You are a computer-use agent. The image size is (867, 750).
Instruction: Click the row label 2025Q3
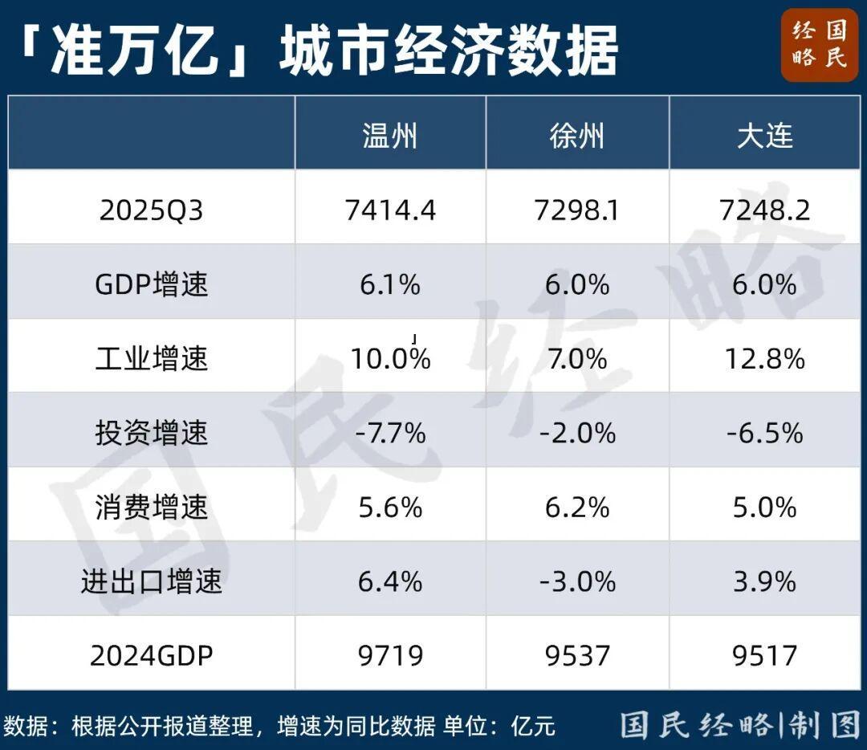click(x=151, y=210)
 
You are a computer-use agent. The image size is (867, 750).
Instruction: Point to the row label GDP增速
click(x=151, y=285)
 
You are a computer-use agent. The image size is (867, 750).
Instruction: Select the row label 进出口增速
click(x=151, y=581)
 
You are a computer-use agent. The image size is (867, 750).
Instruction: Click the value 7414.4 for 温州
click(x=390, y=210)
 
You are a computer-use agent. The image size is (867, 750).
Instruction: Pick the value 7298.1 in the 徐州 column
click(x=576, y=210)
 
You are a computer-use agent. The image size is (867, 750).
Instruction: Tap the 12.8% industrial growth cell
click(x=764, y=359)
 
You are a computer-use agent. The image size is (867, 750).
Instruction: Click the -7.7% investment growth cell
click(x=390, y=434)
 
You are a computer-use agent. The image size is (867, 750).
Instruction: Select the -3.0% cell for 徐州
click(x=576, y=581)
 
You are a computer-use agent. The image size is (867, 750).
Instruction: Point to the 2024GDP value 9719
click(x=390, y=655)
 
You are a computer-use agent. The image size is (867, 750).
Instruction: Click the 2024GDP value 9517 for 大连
click(x=764, y=655)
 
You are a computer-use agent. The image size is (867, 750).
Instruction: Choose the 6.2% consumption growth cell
click(x=576, y=507)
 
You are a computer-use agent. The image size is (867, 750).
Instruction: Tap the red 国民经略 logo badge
click(x=819, y=45)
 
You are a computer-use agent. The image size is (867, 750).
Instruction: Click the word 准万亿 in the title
click(x=133, y=50)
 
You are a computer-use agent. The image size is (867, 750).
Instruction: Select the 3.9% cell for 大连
click(x=764, y=581)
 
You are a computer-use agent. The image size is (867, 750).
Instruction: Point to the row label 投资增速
click(x=151, y=434)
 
